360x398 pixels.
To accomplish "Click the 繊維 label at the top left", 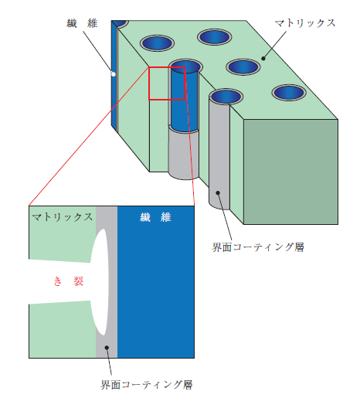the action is pos(82,23).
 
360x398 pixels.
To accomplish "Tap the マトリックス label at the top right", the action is pos(305,23).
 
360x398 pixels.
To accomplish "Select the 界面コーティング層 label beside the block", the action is pos(258,247).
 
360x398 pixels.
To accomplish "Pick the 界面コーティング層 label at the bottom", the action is pos(147,385).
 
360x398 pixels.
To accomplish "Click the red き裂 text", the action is pos(69,281).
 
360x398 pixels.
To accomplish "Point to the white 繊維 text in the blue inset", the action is pos(155,217).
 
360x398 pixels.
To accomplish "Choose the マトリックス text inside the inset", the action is pos(63,217).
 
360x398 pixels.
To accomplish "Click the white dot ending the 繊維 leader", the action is pos(113,74).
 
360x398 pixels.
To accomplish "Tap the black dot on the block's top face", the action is pos(263,59).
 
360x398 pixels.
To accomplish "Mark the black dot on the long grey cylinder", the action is pos(218,192).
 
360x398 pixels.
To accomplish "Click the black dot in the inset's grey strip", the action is pos(107,348).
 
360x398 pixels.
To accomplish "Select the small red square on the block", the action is pos(167,83).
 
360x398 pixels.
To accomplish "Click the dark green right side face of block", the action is pos(290,172).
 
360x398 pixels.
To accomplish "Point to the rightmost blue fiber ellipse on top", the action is pos(289,93).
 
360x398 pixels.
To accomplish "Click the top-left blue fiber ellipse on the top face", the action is pos(157,43).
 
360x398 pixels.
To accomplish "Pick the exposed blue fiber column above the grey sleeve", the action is pos(185,99).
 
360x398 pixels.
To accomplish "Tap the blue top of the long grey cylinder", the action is pos(226,97).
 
